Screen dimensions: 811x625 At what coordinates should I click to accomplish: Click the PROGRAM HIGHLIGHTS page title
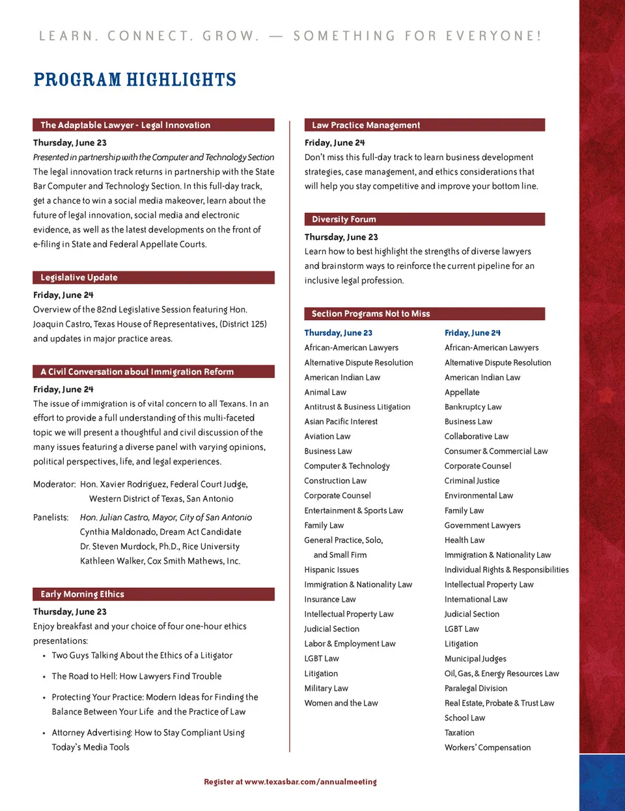[135, 80]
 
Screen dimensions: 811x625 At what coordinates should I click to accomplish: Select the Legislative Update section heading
[79, 277]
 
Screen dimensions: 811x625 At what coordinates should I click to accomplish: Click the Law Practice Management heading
[366, 125]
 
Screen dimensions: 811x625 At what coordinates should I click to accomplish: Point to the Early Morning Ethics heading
[82, 594]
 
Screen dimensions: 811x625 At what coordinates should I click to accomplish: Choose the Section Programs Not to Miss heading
[370, 314]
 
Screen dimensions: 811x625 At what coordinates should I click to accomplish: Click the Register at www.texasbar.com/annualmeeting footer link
[290, 782]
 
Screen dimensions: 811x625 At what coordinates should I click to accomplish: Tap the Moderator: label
[55, 484]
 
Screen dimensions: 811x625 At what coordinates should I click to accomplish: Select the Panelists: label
[51, 517]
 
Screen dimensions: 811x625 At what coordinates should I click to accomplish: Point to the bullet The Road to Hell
[136, 676]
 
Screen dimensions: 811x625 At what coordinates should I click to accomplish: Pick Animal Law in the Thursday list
[325, 392]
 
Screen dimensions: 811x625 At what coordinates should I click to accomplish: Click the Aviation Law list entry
[327, 437]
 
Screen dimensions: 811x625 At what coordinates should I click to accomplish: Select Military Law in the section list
[326, 689]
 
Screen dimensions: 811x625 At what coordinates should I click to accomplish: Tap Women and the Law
[340, 704]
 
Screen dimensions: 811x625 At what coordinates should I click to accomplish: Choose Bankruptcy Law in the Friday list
[473, 407]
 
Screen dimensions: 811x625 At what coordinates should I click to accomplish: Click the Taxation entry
[459, 733]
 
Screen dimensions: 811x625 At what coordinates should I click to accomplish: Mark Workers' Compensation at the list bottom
[487, 748]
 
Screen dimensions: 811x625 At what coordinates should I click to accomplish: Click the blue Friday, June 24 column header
[472, 333]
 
